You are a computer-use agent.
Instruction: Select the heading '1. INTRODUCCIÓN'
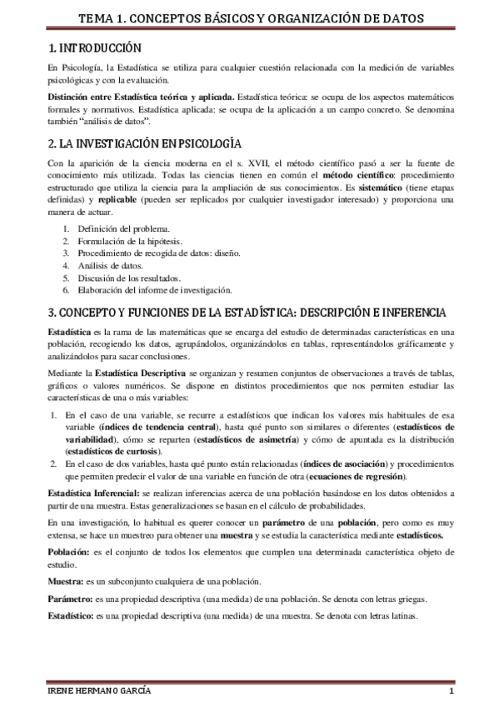click(93, 49)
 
